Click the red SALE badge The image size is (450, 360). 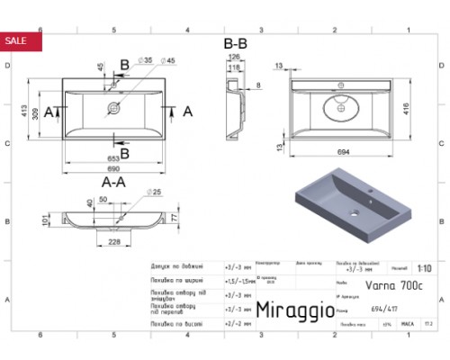pos(16,40)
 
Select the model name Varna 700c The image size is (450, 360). pos(362,284)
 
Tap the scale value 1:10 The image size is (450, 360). pos(424,268)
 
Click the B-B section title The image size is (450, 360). pos(236,42)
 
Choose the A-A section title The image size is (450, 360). pos(112,181)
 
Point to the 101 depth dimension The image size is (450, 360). pos(45,219)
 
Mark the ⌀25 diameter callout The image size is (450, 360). pos(155,192)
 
